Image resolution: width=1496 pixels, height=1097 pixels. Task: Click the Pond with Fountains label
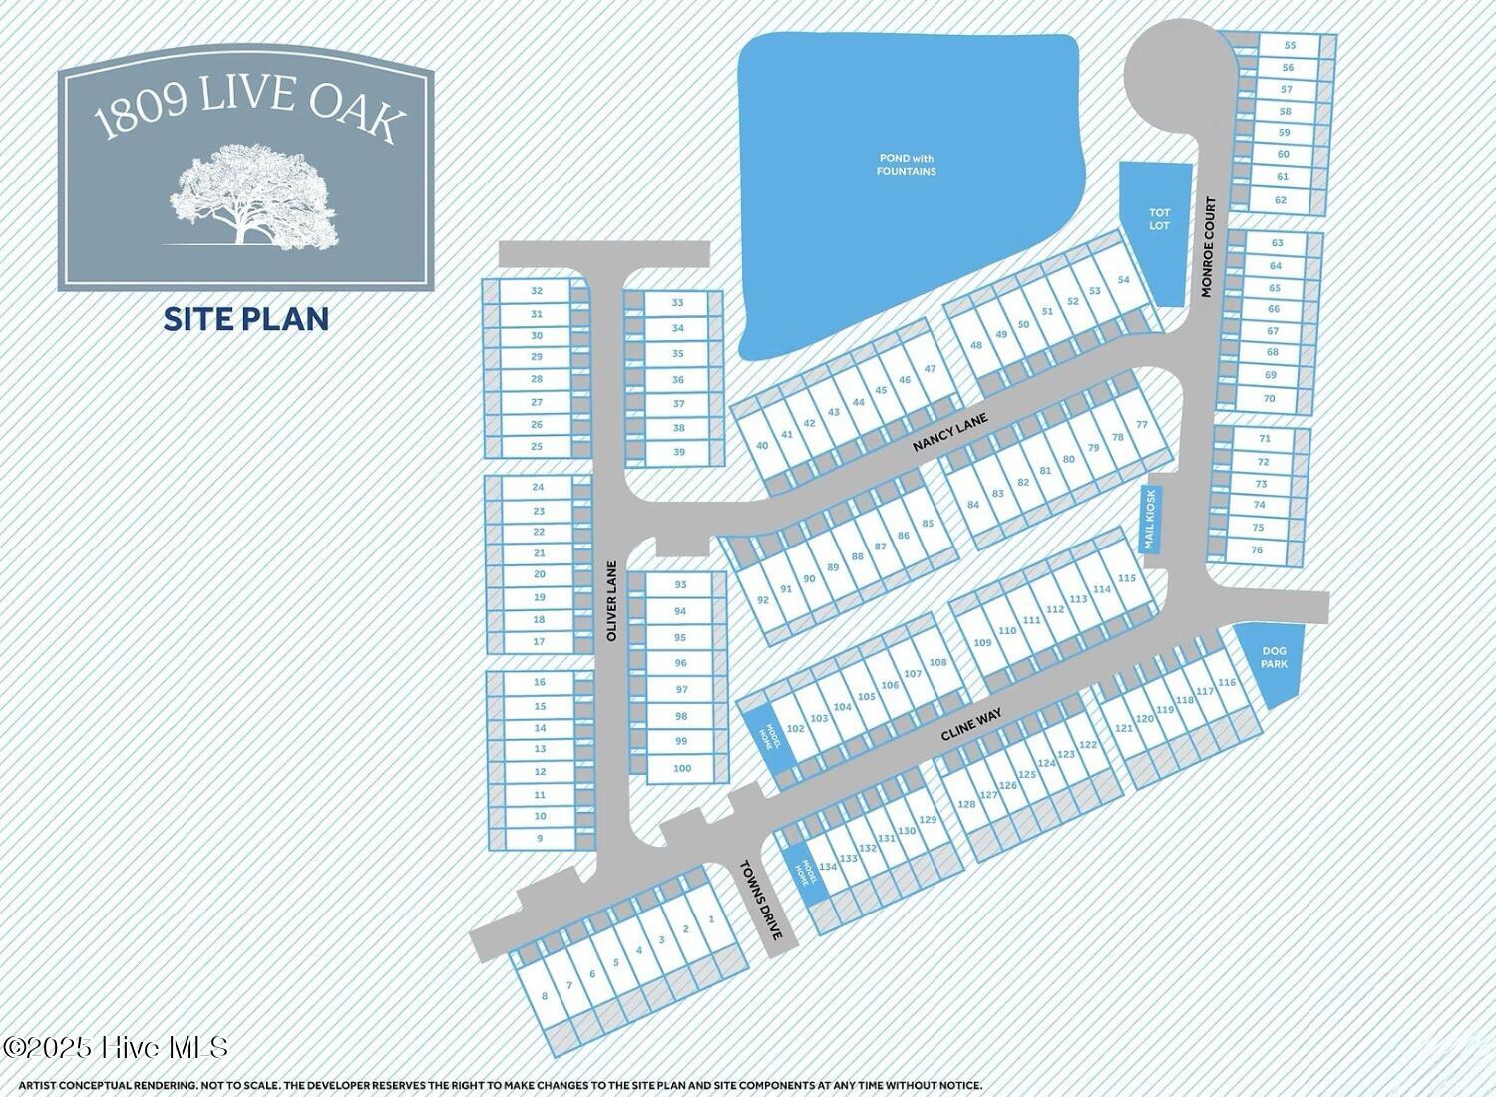coord(907,165)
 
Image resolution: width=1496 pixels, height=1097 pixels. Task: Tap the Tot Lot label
coord(1159,219)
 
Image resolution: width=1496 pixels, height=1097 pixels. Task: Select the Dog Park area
coord(1273,658)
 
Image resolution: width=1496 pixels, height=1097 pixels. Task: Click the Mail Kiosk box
coord(1150,519)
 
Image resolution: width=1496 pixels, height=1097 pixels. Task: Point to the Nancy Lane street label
coord(949,434)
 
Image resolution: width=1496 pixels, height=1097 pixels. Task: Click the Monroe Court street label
coord(1209,246)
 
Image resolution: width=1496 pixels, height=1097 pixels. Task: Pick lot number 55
coord(1290,45)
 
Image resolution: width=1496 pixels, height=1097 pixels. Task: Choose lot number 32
coord(537,291)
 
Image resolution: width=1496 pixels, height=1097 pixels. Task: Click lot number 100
coord(682,768)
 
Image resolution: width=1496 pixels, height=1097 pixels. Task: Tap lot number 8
coord(544,996)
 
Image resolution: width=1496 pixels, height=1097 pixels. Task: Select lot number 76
coord(1257,550)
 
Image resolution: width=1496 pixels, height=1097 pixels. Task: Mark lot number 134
coord(828,867)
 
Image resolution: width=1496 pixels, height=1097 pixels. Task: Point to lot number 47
coord(930,369)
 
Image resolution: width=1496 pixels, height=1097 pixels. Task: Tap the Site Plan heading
coord(246,319)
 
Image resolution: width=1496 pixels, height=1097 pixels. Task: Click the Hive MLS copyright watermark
coord(117,1047)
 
